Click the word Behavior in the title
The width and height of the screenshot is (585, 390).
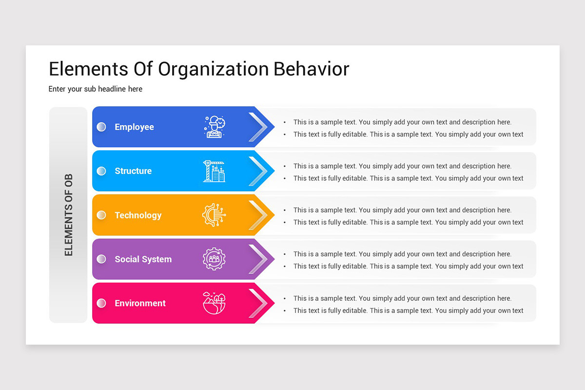click(x=311, y=69)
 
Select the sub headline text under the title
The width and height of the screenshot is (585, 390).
click(x=96, y=89)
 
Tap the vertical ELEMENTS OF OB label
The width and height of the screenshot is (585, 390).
click(x=68, y=215)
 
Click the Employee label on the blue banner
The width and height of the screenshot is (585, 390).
click(x=134, y=127)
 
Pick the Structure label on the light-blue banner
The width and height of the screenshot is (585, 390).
click(x=133, y=171)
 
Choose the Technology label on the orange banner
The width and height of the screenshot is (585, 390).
click(x=138, y=215)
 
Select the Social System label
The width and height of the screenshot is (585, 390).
click(x=143, y=259)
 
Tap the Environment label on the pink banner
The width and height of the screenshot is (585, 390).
click(x=140, y=303)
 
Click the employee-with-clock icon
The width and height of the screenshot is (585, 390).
click(x=214, y=127)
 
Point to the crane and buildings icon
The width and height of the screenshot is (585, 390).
click(x=214, y=171)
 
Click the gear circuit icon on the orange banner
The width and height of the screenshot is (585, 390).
click(x=214, y=215)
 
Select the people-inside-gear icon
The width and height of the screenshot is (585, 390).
click(x=214, y=259)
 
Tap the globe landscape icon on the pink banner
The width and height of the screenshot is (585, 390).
click(x=214, y=303)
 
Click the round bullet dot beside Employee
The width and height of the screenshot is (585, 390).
click(x=101, y=127)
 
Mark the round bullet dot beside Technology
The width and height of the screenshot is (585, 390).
click(x=101, y=215)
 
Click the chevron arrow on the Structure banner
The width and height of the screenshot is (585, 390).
click(x=258, y=171)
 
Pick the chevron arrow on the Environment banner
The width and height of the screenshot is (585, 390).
click(x=258, y=303)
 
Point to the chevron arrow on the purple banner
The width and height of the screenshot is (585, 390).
click(x=258, y=259)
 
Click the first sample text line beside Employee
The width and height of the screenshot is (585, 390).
click(x=402, y=122)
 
